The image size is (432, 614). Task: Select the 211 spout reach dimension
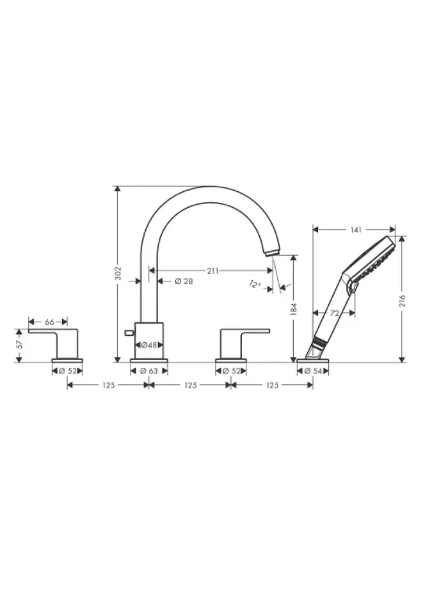[212, 271]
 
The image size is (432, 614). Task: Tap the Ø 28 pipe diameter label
[184, 281]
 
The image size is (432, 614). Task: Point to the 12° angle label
[255, 284]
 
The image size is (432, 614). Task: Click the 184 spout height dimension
[294, 308]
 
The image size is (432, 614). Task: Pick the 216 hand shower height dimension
[402, 301]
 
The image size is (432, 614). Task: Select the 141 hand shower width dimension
[355, 230]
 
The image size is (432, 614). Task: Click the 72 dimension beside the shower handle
[334, 313]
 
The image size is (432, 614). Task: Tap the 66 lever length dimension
[49, 322]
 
